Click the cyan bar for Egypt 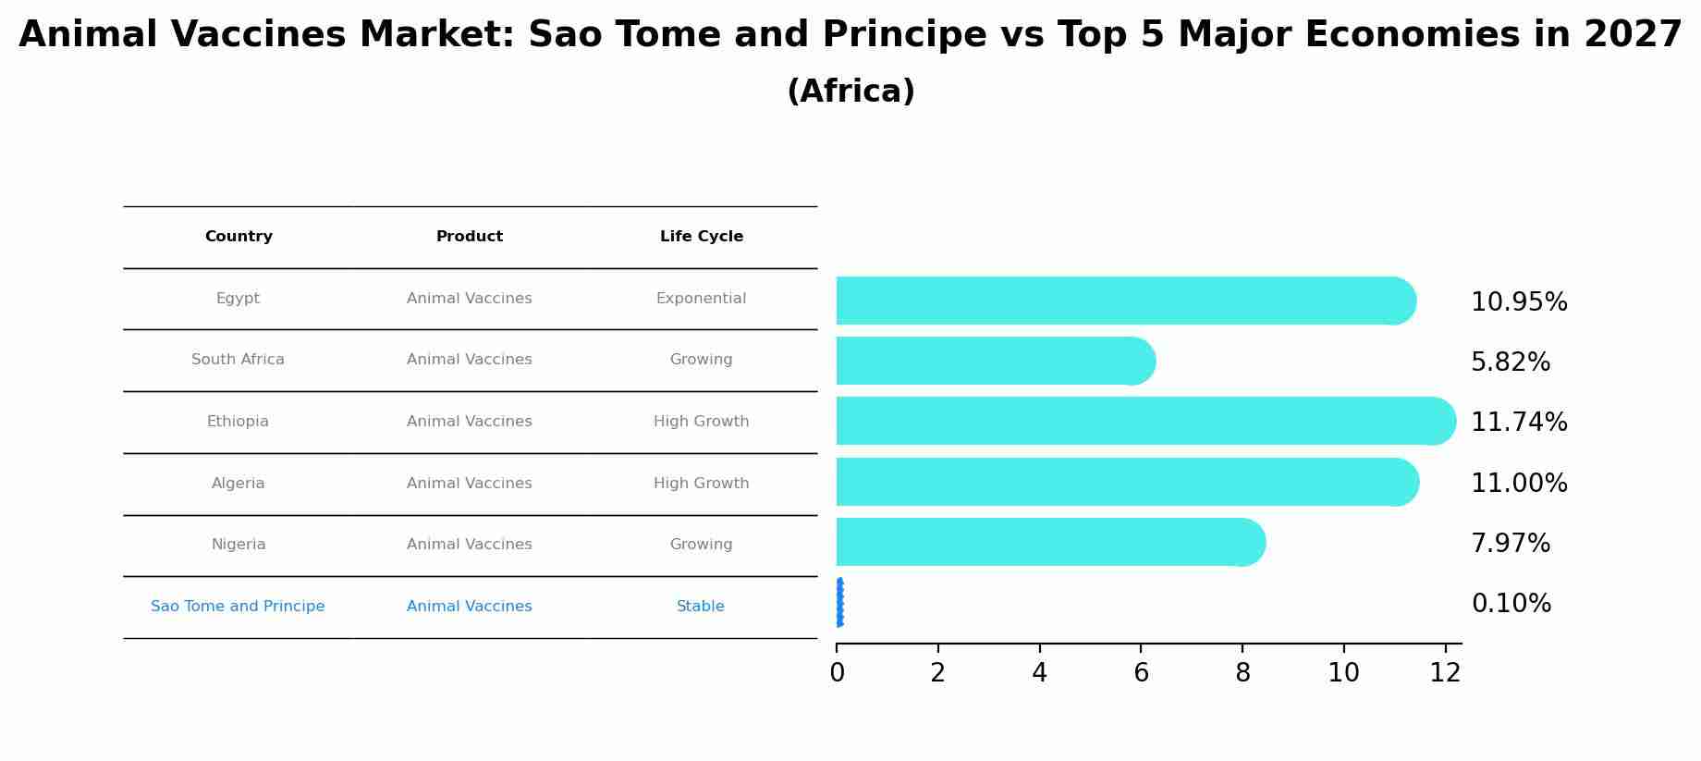tap(1126, 301)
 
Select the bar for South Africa tap(996, 361)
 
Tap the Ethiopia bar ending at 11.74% tap(1146, 421)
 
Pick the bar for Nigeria tap(1051, 542)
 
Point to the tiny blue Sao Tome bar tap(839, 603)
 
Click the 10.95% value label tap(1519, 302)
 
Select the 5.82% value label tap(1511, 362)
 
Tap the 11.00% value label tap(1519, 484)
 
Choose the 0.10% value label tap(1511, 604)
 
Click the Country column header tap(239, 237)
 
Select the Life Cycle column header tap(702, 237)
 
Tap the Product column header tap(470, 237)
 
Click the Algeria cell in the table tap(238, 484)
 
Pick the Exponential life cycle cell tap(701, 299)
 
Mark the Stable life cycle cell tap(701, 607)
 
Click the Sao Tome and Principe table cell tap(238, 607)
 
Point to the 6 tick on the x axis tap(1141, 673)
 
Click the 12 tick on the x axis tap(1445, 673)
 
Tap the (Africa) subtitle tap(850, 92)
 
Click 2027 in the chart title tap(1633, 35)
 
